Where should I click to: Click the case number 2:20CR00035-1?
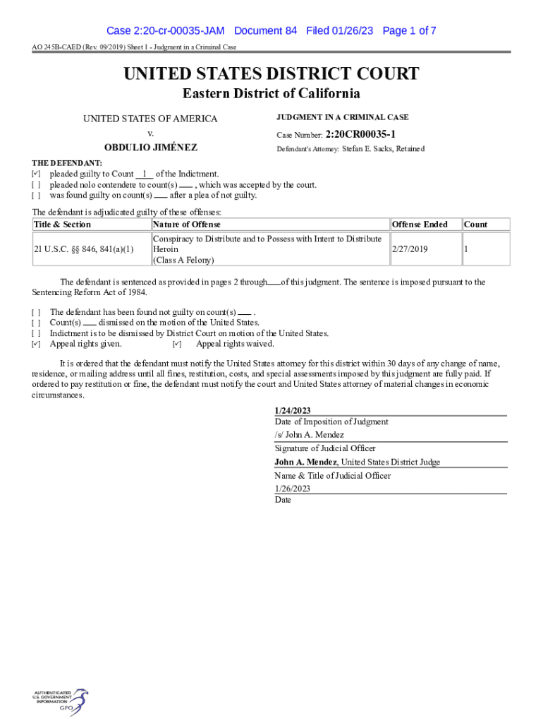[x=360, y=133]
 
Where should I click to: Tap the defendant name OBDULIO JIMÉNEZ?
[x=150, y=148]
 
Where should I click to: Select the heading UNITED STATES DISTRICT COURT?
[x=271, y=74]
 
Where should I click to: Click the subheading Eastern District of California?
[x=271, y=94]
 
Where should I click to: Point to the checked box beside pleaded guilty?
[x=36, y=174]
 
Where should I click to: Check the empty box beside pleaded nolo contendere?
[x=36, y=185]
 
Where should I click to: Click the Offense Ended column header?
[x=420, y=225]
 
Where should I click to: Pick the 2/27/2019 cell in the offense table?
[x=409, y=249]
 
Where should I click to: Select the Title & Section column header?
[x=63, y=225]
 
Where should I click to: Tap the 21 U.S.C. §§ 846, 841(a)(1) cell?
[x=84, y=249]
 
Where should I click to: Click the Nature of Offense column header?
[x=187, y=225]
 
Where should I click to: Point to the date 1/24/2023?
[x=293, y=410]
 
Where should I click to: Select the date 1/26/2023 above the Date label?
[x=293, y=489]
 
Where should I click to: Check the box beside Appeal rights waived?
[x=177, y=345]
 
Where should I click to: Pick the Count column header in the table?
[x=475, y=225]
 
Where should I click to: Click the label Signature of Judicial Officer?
[x=325, y=448]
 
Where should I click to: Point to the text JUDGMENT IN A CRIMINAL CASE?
[x=342, y=117]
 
